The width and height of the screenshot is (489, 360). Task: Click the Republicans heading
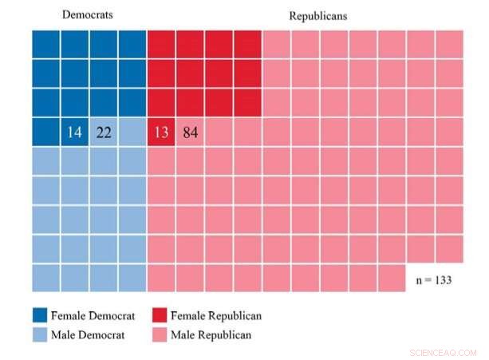(x=317, y=16)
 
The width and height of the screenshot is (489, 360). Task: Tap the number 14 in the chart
(x=75, y=133)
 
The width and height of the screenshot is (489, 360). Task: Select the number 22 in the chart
(x=104, y=133)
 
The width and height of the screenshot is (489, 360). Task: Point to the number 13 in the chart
(x=161, y=133)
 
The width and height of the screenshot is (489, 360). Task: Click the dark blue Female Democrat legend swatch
(x=40, y=316)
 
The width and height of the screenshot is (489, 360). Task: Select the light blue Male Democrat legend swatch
(x=40, y=334)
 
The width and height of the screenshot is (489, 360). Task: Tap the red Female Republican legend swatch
(x=156, y=316)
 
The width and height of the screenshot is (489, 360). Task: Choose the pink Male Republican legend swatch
(x=156, y=334)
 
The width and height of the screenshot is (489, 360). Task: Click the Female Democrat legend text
(x=89, y=316)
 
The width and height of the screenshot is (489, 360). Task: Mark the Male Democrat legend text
(x=86, y=334)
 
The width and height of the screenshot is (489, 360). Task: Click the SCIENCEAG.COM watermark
(x=443, y=352)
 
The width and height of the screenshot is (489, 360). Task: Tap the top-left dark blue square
(x=45, y=44)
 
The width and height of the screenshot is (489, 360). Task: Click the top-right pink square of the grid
(x=449, y=44)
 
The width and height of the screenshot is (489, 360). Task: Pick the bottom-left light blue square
(x=45, y=278)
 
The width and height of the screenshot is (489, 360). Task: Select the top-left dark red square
(x=161, y=44)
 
